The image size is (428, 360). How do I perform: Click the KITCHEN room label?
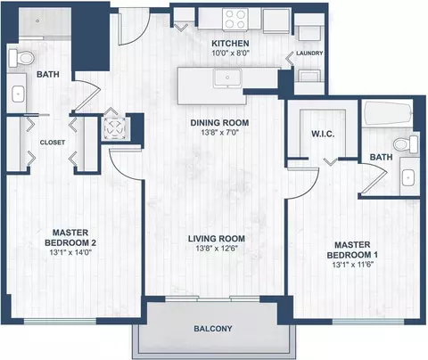coord(230,44)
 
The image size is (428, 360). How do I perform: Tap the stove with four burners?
coord(235,19)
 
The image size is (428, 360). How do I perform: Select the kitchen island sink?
coord(227,78)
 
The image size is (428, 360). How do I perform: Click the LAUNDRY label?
coord(309,53)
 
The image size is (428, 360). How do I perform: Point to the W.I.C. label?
coord(323,134)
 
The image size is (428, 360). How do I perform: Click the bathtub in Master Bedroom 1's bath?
coord(388,115)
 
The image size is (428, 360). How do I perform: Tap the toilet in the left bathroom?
coord(21,58)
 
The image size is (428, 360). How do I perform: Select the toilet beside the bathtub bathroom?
coord(406,144)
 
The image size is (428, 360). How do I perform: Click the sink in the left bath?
coord(18,94)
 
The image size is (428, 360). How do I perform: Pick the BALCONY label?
coord(213,329)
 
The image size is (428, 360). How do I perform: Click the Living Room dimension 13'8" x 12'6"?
coord(217,249)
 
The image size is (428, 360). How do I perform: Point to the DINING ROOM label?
coord(219,123)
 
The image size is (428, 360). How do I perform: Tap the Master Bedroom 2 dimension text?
coord(70,252)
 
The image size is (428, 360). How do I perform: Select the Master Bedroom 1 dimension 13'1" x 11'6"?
coord(353,265)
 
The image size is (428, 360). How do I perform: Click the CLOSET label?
coord(53,143)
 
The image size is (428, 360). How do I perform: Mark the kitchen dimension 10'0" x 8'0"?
coord(230,53)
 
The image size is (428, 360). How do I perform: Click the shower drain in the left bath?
coord(37,21)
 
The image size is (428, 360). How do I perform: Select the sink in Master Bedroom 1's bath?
coord(408,177)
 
